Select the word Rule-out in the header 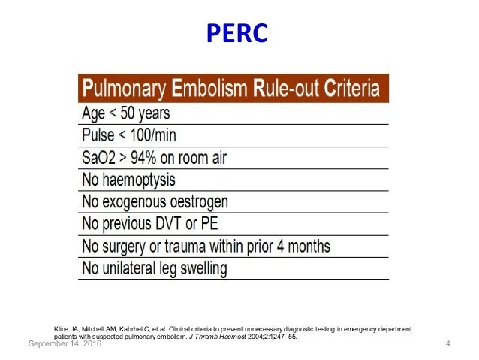[x=285, y=89]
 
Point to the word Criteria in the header [x=351, y=89]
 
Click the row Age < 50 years [x=125, y=113]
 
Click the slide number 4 [x=447, y=344]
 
